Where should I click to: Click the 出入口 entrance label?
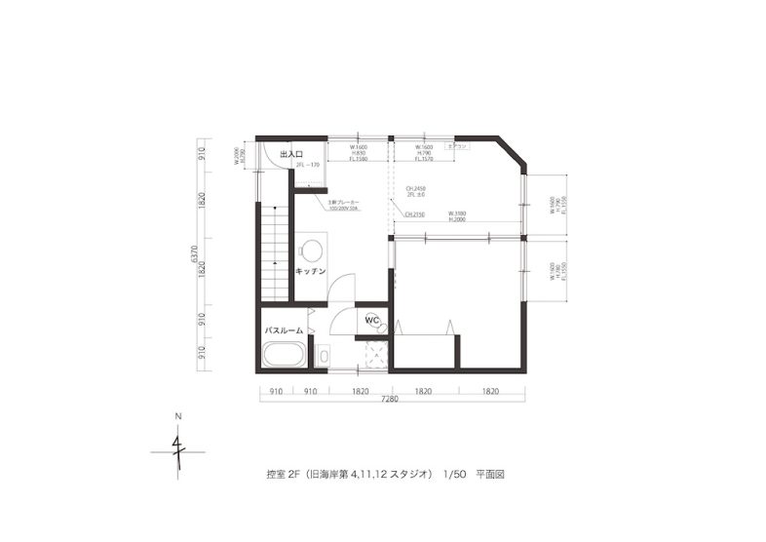point(291,155)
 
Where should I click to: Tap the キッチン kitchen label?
point(310,271)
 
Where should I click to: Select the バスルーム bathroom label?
point(284,330)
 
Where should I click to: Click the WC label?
point(371,319)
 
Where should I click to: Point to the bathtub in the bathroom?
point(286,355)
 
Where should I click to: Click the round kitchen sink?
point(311,248)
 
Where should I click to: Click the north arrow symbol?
point(178,451)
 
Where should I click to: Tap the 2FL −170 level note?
point(308,166)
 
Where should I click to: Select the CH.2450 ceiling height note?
point(414,188)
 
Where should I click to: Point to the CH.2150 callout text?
point(413,213)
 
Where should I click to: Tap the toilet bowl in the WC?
point(383,329)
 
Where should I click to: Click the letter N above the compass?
point(178,417)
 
